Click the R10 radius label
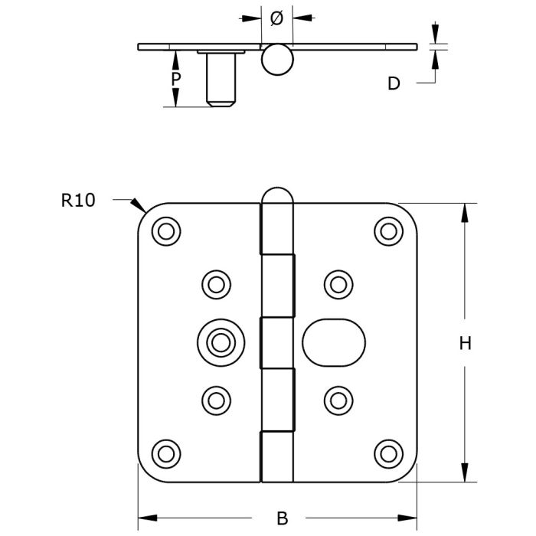click(x=78, y=201)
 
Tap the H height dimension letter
click(x=466, y=343)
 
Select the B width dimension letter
click(x=282, y=518)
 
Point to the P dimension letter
click(x=175, y=79)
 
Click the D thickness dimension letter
click(x=394, y=83)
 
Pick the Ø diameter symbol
click(x=277, y=18)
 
